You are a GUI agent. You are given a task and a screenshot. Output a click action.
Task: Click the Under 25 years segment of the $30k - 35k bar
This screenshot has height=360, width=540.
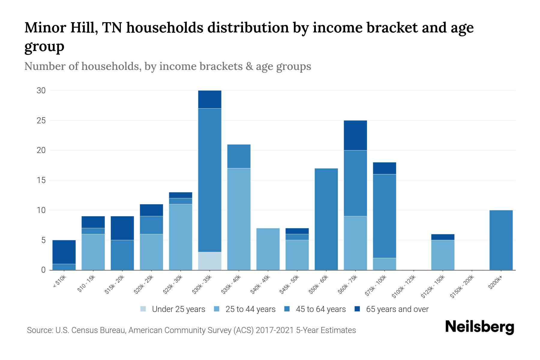tap(210, 261)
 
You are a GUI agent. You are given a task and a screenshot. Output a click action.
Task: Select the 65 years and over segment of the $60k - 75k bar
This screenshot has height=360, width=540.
tap(355, 135)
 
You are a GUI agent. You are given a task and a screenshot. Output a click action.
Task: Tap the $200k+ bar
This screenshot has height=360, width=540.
tap(501, 240)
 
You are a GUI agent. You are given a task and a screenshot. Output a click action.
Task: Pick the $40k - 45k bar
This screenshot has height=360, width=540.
tap(268, 249)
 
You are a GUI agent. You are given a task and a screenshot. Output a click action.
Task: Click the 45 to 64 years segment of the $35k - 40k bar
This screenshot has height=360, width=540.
tap(239, 156)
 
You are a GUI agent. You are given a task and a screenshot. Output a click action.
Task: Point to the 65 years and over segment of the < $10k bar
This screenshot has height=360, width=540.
tap(64, 252)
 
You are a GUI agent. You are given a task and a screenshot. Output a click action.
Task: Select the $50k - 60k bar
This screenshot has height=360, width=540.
tap(326, 219)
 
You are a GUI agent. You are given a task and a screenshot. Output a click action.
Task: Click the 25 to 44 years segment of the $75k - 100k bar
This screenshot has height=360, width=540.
tap(384, 264)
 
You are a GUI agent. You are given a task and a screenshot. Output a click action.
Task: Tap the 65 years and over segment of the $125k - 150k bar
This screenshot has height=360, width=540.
tap(442, 237)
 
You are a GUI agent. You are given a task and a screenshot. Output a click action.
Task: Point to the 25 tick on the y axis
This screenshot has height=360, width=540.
tap(41, 121)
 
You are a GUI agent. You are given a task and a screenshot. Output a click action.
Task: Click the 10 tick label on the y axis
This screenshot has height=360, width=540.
tap(41, 210)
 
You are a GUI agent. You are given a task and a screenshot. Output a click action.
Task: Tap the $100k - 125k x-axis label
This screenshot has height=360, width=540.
tap(404, 286)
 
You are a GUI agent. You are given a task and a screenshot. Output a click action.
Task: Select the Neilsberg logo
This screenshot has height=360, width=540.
tap(479, 327)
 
